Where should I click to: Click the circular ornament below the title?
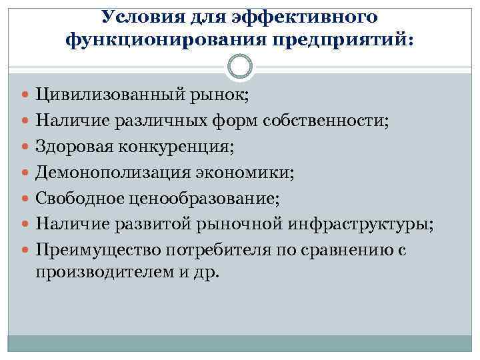(240, 67)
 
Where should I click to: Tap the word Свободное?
(78, 197)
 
